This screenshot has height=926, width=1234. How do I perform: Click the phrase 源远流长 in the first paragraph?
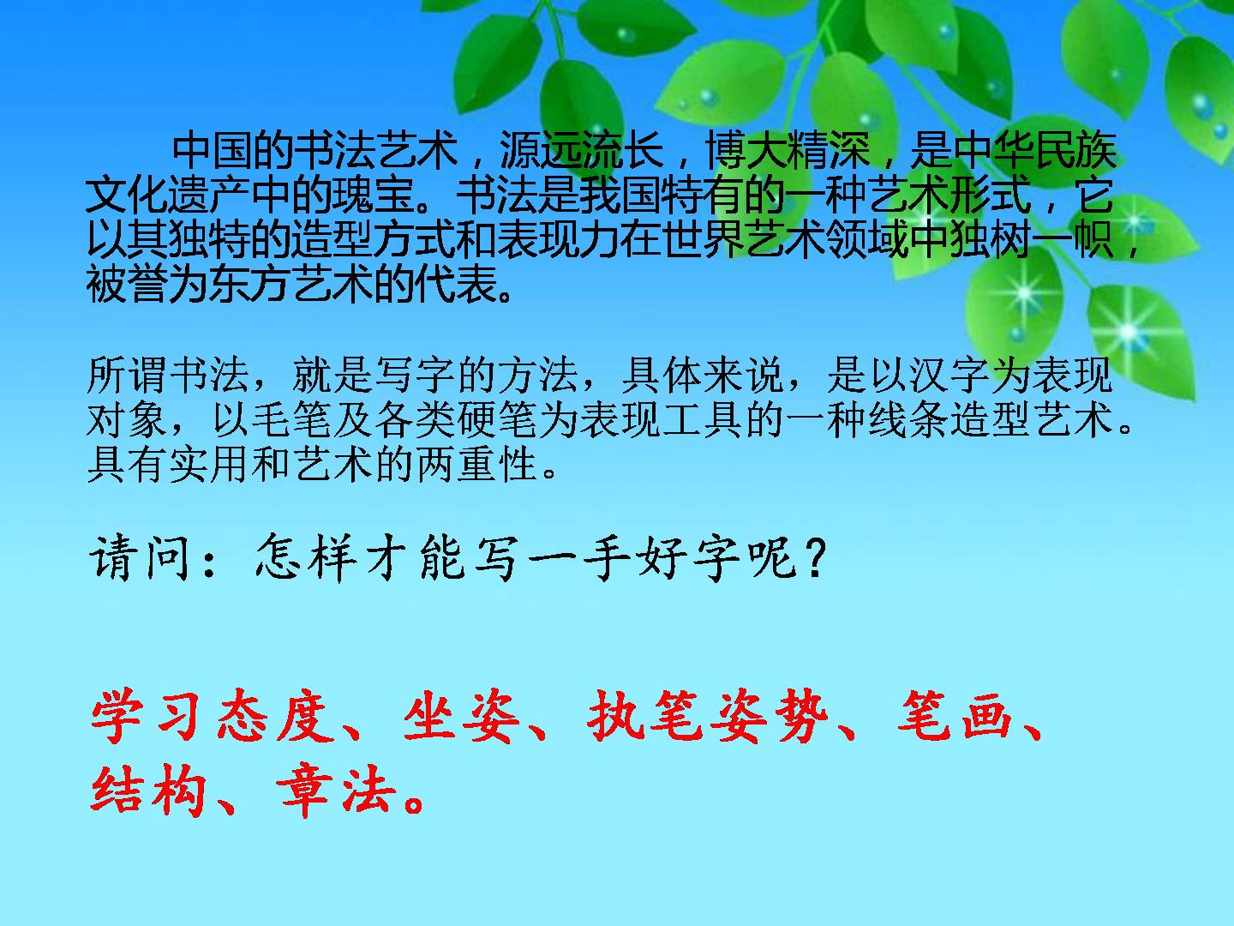pyautogui.click(x=581, y=151)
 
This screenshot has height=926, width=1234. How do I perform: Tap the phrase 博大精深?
pyautogui.click(x=788, y=151)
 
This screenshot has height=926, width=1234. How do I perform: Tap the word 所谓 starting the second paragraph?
pyautogui.click(x=127, y=375)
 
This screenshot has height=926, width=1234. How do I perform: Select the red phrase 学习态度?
pyautogui.click(x=213, y=716)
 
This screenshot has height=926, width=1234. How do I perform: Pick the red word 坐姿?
pyautogui.click(x=462, y=716)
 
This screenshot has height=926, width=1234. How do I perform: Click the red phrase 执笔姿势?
pyautogui.click(x=708, y=716)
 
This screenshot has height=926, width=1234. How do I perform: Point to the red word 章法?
pyautogui.click(x=336, y=791)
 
